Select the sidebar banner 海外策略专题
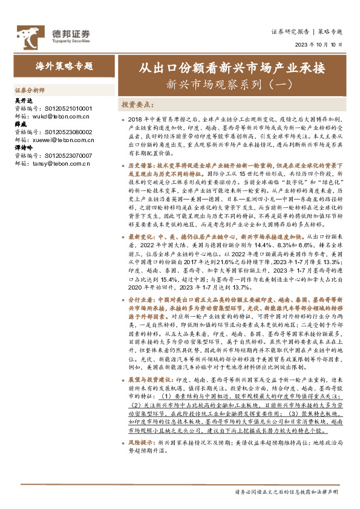(x=64, y=65)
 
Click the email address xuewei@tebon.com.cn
(x=61, y=139)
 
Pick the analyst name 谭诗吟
(x=22, y=147)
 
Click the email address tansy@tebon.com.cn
(x=59, y=162)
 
